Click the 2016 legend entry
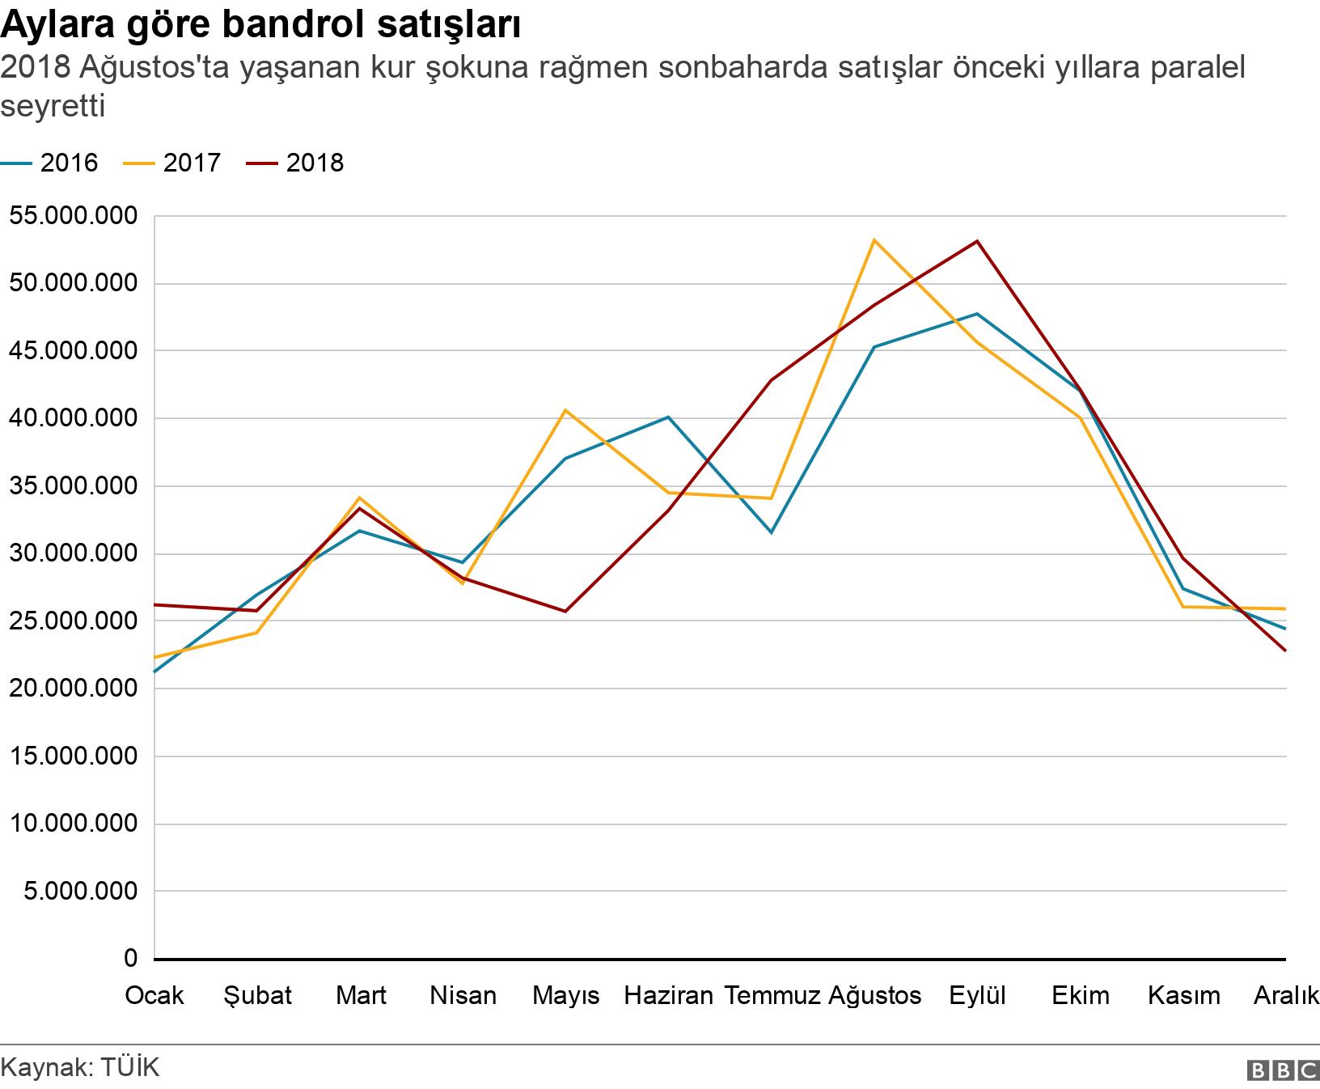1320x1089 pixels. (50, 163)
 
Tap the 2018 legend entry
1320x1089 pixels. (296, 163)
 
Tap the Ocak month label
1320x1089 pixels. (154, 994)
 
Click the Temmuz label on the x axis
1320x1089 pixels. (772, 994)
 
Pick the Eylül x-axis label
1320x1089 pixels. (977, 994)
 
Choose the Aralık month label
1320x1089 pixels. (1285, 994)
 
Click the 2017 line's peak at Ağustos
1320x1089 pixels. (874, 239)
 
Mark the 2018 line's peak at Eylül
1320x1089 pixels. (977, 241)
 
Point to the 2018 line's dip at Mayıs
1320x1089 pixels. (565, 611)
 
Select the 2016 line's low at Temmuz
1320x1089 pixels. (771, 532)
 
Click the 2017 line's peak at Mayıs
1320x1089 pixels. (565, 410)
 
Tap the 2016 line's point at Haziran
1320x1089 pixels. (668, 417)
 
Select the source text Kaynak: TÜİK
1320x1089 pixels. (80, 1066)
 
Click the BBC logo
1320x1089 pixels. (1283, 1070)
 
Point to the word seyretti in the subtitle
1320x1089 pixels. (53, 106)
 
